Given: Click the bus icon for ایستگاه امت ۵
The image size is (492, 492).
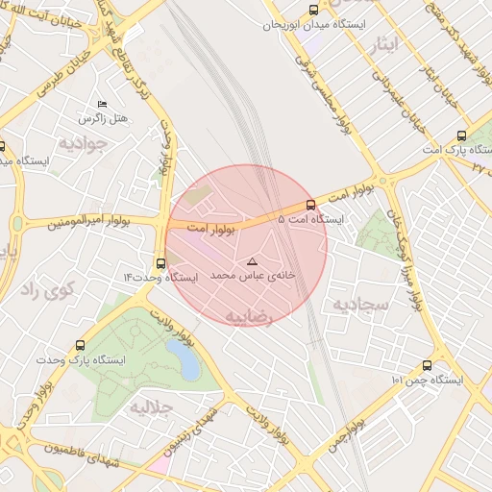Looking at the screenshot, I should (x=309, y=205).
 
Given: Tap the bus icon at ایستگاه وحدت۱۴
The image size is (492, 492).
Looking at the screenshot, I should (x=160, y=262).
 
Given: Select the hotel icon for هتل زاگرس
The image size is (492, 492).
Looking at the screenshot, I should (x=103, y=104).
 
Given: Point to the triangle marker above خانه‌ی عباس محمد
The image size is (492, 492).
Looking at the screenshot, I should (x=253, y=261).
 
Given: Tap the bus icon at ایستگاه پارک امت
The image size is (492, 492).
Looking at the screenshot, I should (x=462, y=135).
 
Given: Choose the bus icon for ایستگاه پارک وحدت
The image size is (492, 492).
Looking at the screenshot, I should (x=80, y=344).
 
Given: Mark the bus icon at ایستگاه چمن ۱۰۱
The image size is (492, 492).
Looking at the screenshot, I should (x=428, y=365).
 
